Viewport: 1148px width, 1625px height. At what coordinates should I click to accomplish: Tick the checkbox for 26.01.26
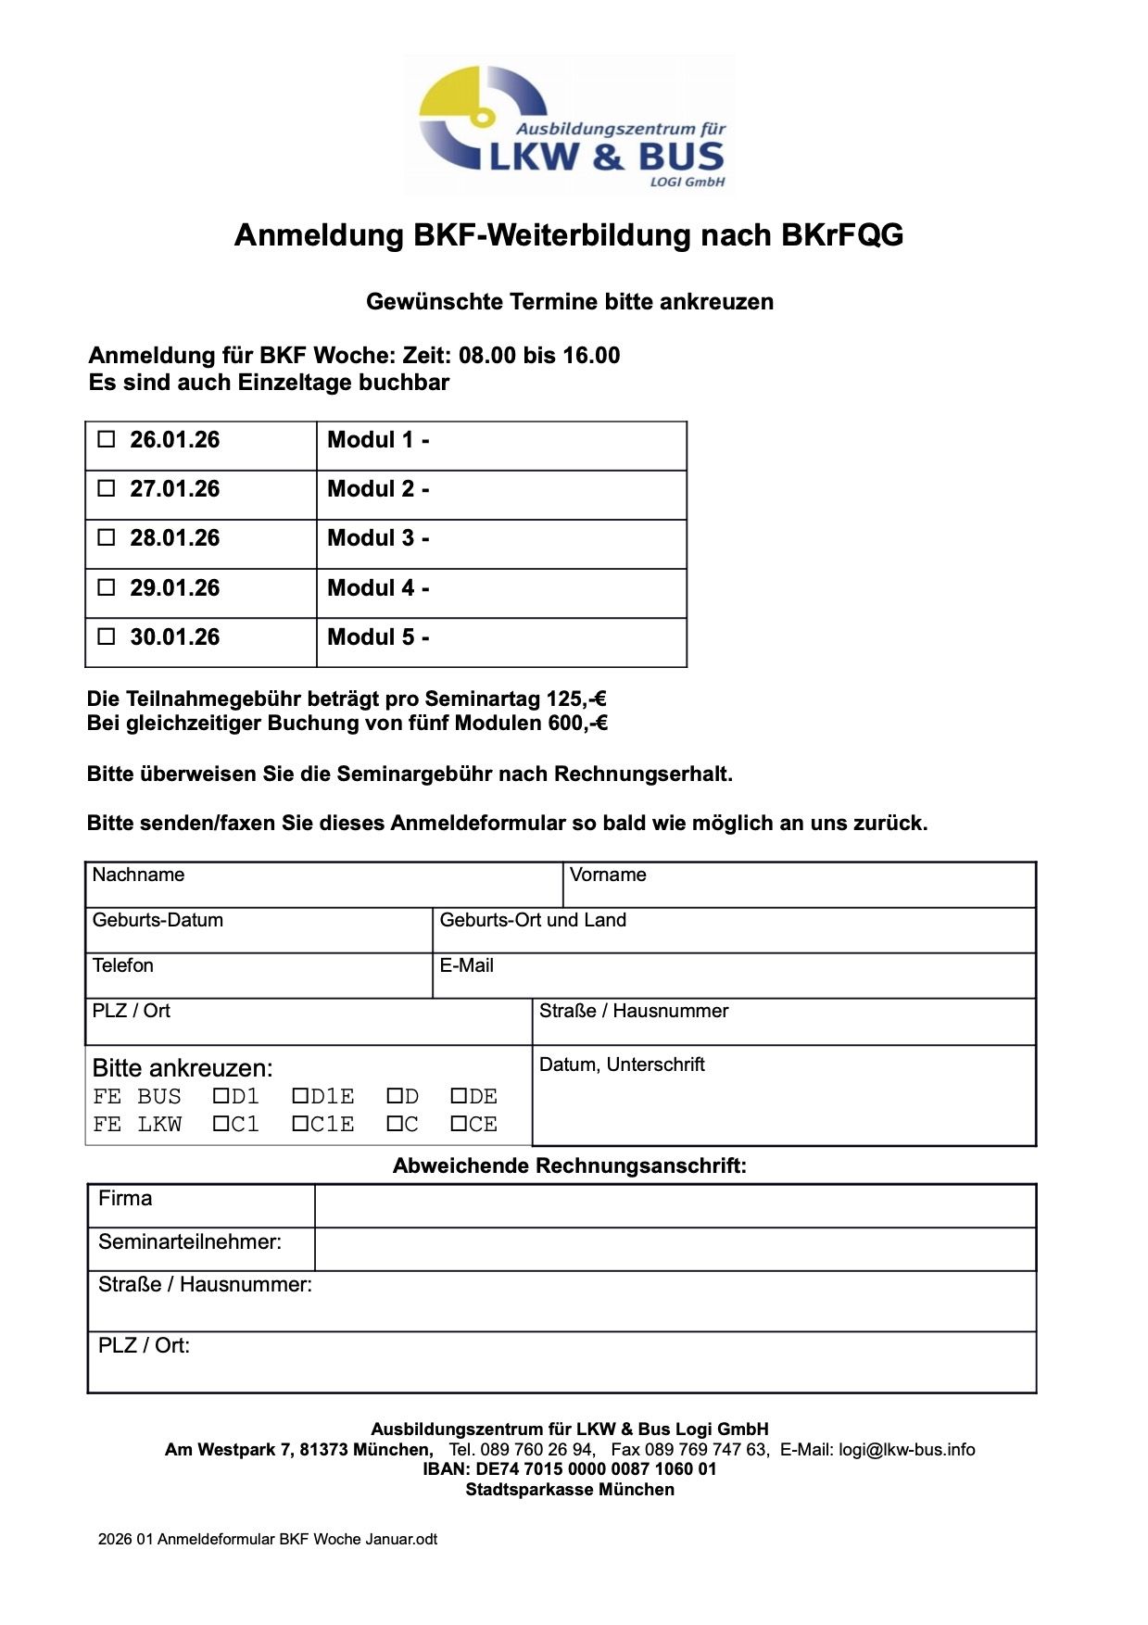tap(107, 439)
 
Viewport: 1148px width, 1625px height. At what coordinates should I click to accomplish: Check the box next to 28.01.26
tap(107, 537)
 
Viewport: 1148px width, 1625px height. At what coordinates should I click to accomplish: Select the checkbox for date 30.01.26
tap(107, 636)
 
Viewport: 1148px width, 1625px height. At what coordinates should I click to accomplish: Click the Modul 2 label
tap(378, 489)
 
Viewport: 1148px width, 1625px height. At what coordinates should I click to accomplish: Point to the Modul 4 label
tap(378, 588)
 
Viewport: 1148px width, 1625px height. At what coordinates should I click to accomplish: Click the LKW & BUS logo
tap(570, 125)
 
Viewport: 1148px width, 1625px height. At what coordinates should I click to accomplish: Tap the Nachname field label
tap(138, 875)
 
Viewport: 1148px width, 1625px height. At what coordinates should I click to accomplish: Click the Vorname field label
tap(608, 875)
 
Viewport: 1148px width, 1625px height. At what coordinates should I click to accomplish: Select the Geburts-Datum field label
tap(158, 920)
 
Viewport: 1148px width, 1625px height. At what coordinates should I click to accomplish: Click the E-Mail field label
tap(466, 965)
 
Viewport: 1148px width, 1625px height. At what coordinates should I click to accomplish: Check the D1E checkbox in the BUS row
tap(300, 1096)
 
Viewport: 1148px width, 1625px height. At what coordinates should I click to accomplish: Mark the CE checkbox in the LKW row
tap(459, 1124)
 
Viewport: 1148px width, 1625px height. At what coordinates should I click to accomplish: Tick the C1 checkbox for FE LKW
tap(221, 1124)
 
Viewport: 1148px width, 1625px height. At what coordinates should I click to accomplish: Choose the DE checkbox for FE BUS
tap(459, 1096)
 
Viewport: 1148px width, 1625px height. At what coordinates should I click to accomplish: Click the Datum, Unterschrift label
tap(622, 1064)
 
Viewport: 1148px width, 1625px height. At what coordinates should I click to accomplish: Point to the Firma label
tap(125, 1198)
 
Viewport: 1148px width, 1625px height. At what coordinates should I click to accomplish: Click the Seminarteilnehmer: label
tap(190, 1241)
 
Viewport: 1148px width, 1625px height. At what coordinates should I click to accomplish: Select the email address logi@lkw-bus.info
tap(907, 1450)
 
